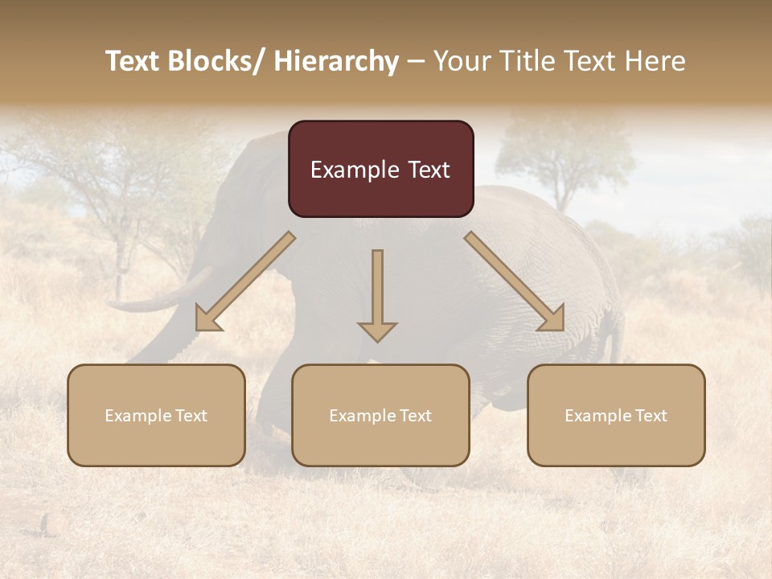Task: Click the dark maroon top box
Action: point(380,169)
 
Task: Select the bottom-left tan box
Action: point(156,415)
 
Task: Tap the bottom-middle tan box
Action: point(380,415)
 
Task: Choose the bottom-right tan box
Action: point(616,415)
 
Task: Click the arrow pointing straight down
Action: point(377,294)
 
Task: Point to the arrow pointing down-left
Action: point(245,281)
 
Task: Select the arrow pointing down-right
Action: point(515,281)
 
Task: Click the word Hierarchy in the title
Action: point(336,61)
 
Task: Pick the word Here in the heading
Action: point(656,61)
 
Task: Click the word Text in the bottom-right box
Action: point(651,415)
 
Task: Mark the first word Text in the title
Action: point(133,61)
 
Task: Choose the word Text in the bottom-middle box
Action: point(415,415)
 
